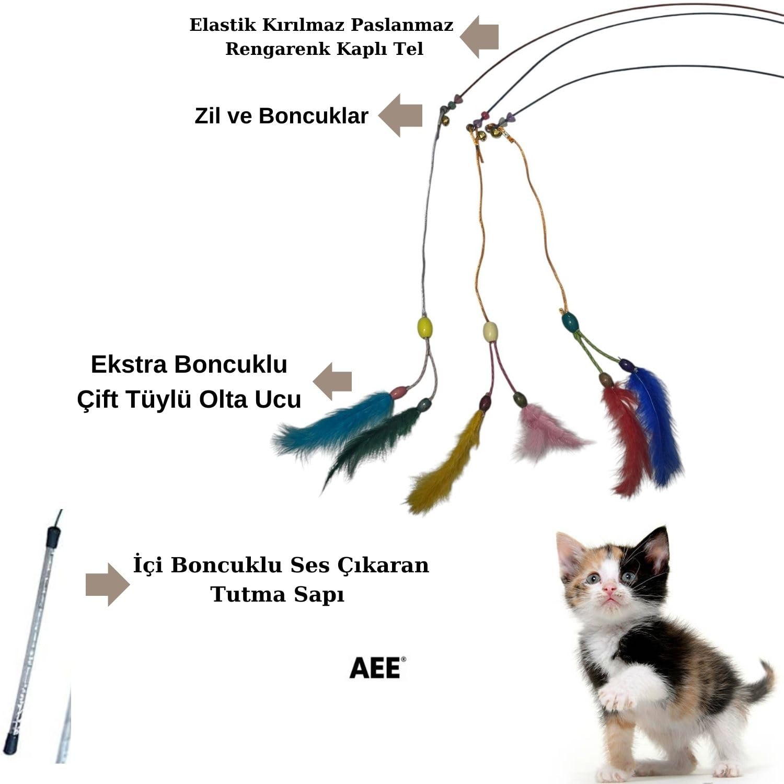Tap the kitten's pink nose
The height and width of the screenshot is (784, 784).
coord(609,589)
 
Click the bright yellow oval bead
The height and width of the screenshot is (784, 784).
coord(425,327)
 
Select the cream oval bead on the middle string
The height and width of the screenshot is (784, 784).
coord(490,331)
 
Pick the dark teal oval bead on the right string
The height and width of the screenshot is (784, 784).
coord(570,322)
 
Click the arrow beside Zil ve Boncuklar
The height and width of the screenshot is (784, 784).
coord(400,116)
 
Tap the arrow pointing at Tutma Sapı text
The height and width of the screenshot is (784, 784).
coord(108,584)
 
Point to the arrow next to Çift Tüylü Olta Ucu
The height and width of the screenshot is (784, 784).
coord(332,381)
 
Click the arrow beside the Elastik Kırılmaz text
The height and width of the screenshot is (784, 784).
coord(479,37)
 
